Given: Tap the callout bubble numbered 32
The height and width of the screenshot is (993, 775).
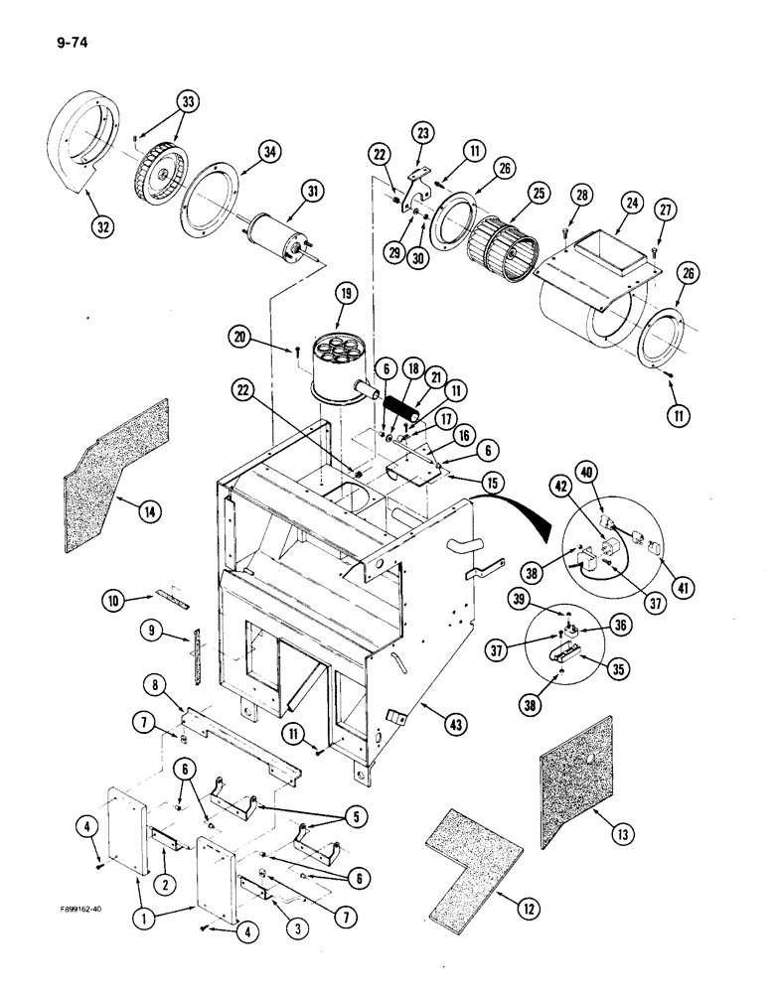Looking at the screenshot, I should pyautogui.click(x=103, y=225).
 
